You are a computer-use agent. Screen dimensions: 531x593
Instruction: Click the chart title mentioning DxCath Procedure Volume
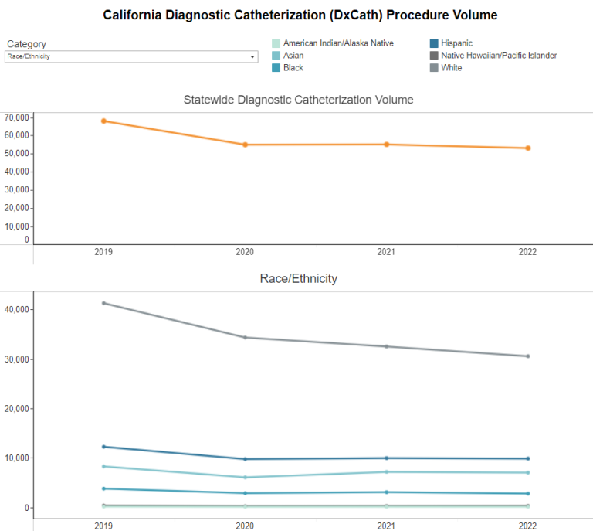[300, 15]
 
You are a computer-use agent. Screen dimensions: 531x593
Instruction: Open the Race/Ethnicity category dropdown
[131, 56]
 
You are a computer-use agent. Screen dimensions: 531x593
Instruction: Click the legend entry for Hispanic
[456, 43]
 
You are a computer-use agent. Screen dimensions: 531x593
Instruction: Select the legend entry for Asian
[293, 56]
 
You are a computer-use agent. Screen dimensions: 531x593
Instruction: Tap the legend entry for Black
[293, 68]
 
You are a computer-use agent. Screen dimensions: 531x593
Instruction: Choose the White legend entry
[451, 68]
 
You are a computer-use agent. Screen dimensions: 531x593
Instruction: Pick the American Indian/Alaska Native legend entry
[337, 43]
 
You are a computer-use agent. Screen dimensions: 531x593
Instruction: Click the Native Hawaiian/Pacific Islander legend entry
[498, 56]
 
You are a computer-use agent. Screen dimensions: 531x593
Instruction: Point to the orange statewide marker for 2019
[103, 121]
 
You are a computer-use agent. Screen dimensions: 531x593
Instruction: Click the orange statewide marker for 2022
[528, 148]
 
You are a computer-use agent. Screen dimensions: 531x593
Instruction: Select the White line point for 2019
[103, 303]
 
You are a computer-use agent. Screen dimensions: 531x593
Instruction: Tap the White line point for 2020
[245, 337]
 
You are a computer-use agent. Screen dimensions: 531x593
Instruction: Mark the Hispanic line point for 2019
[103, 447]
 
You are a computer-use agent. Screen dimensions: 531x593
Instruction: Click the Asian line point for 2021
[387, 471]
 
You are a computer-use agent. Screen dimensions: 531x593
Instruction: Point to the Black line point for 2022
[528, 493]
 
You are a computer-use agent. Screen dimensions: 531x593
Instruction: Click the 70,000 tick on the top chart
[16, 117]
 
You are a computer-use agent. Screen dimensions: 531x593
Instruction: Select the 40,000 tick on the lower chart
[16, 309]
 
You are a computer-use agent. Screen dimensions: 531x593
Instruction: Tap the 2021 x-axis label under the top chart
[387, 252]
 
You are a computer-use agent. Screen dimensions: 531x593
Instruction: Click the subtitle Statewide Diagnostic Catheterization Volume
[298, 100]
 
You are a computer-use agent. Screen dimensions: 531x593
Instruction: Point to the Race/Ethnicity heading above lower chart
[298, 278]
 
